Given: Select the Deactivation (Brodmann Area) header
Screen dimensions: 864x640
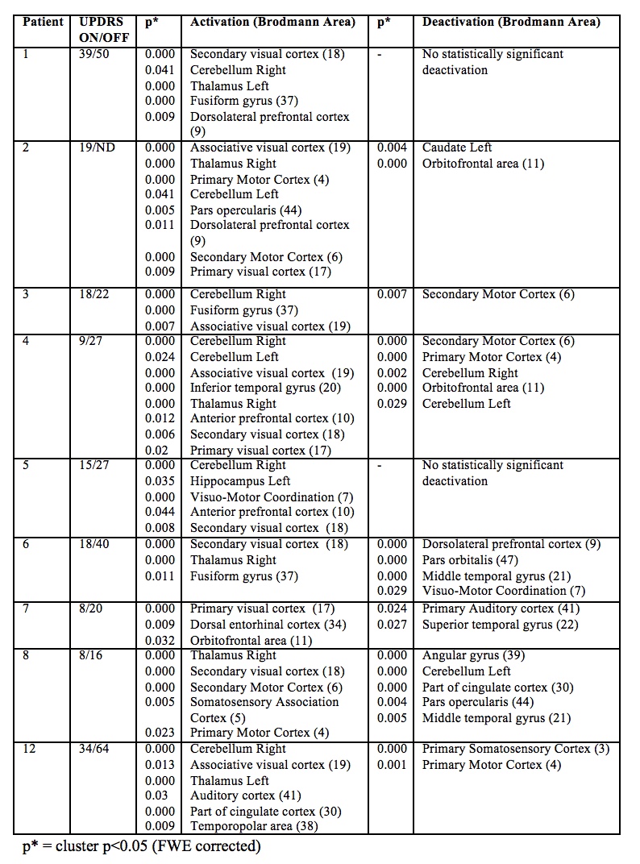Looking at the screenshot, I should tap(511, 23).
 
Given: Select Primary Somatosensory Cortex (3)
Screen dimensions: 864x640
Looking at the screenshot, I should tap(516, 749).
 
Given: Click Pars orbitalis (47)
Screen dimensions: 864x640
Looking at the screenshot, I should tap(470, 560).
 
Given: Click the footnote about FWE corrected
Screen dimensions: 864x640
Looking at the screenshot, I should tap(141, 846).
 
